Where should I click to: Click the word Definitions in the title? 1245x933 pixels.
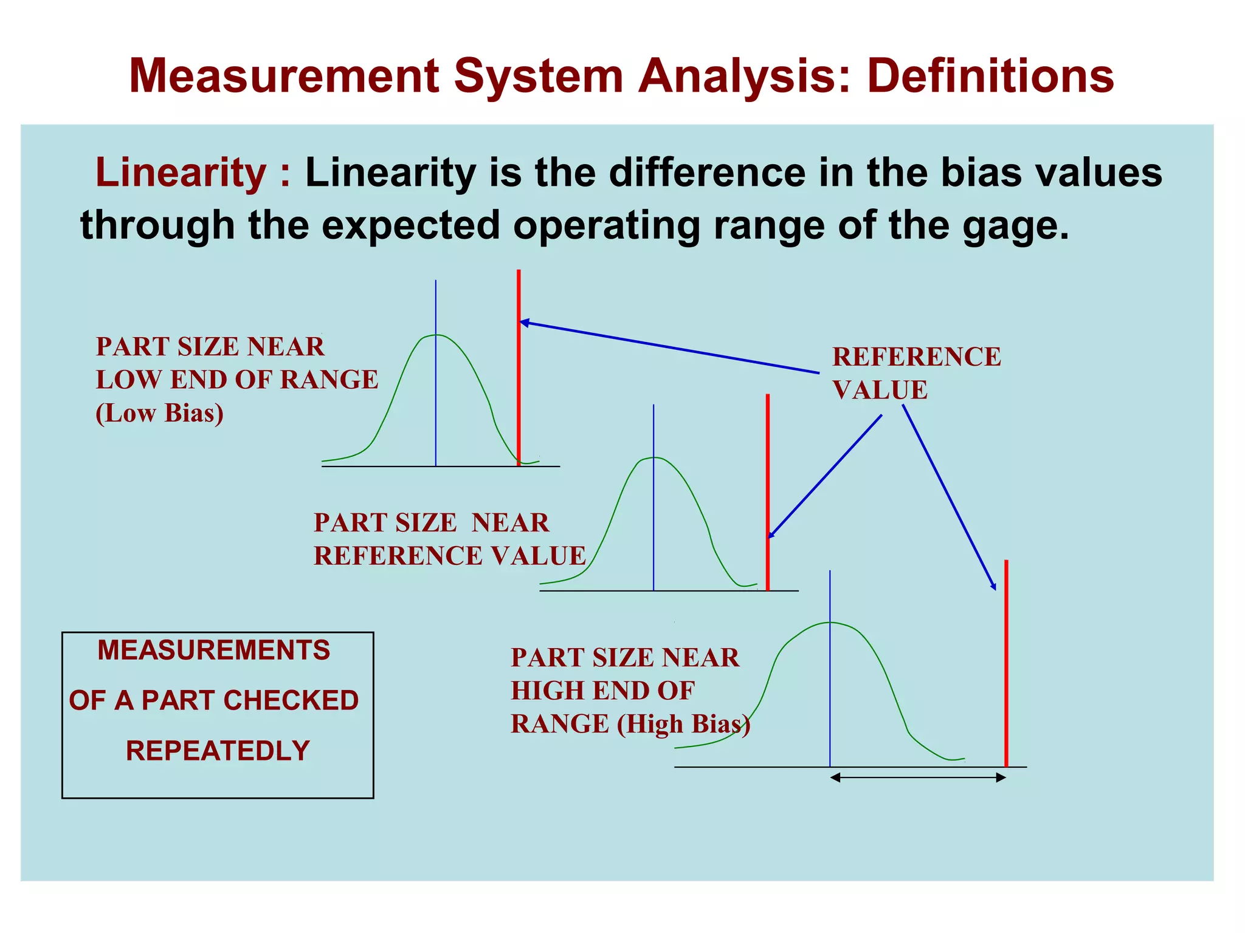tap(990, 76)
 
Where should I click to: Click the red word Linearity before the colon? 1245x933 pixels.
tap(181, 173)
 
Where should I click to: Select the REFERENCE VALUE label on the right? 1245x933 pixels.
tap(916, 373)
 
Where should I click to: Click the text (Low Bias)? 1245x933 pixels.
tap(159, 413)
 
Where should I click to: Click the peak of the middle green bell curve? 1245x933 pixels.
tap(654, 457)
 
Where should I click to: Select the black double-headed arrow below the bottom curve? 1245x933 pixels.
tap(918, 777)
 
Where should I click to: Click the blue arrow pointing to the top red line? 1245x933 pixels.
tap(669, 347)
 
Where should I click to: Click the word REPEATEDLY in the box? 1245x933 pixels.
tap(218, 751)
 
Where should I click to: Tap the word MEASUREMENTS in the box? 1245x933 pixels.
tap(214, 651)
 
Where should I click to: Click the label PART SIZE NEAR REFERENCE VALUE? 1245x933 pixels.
tap(449, 539)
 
